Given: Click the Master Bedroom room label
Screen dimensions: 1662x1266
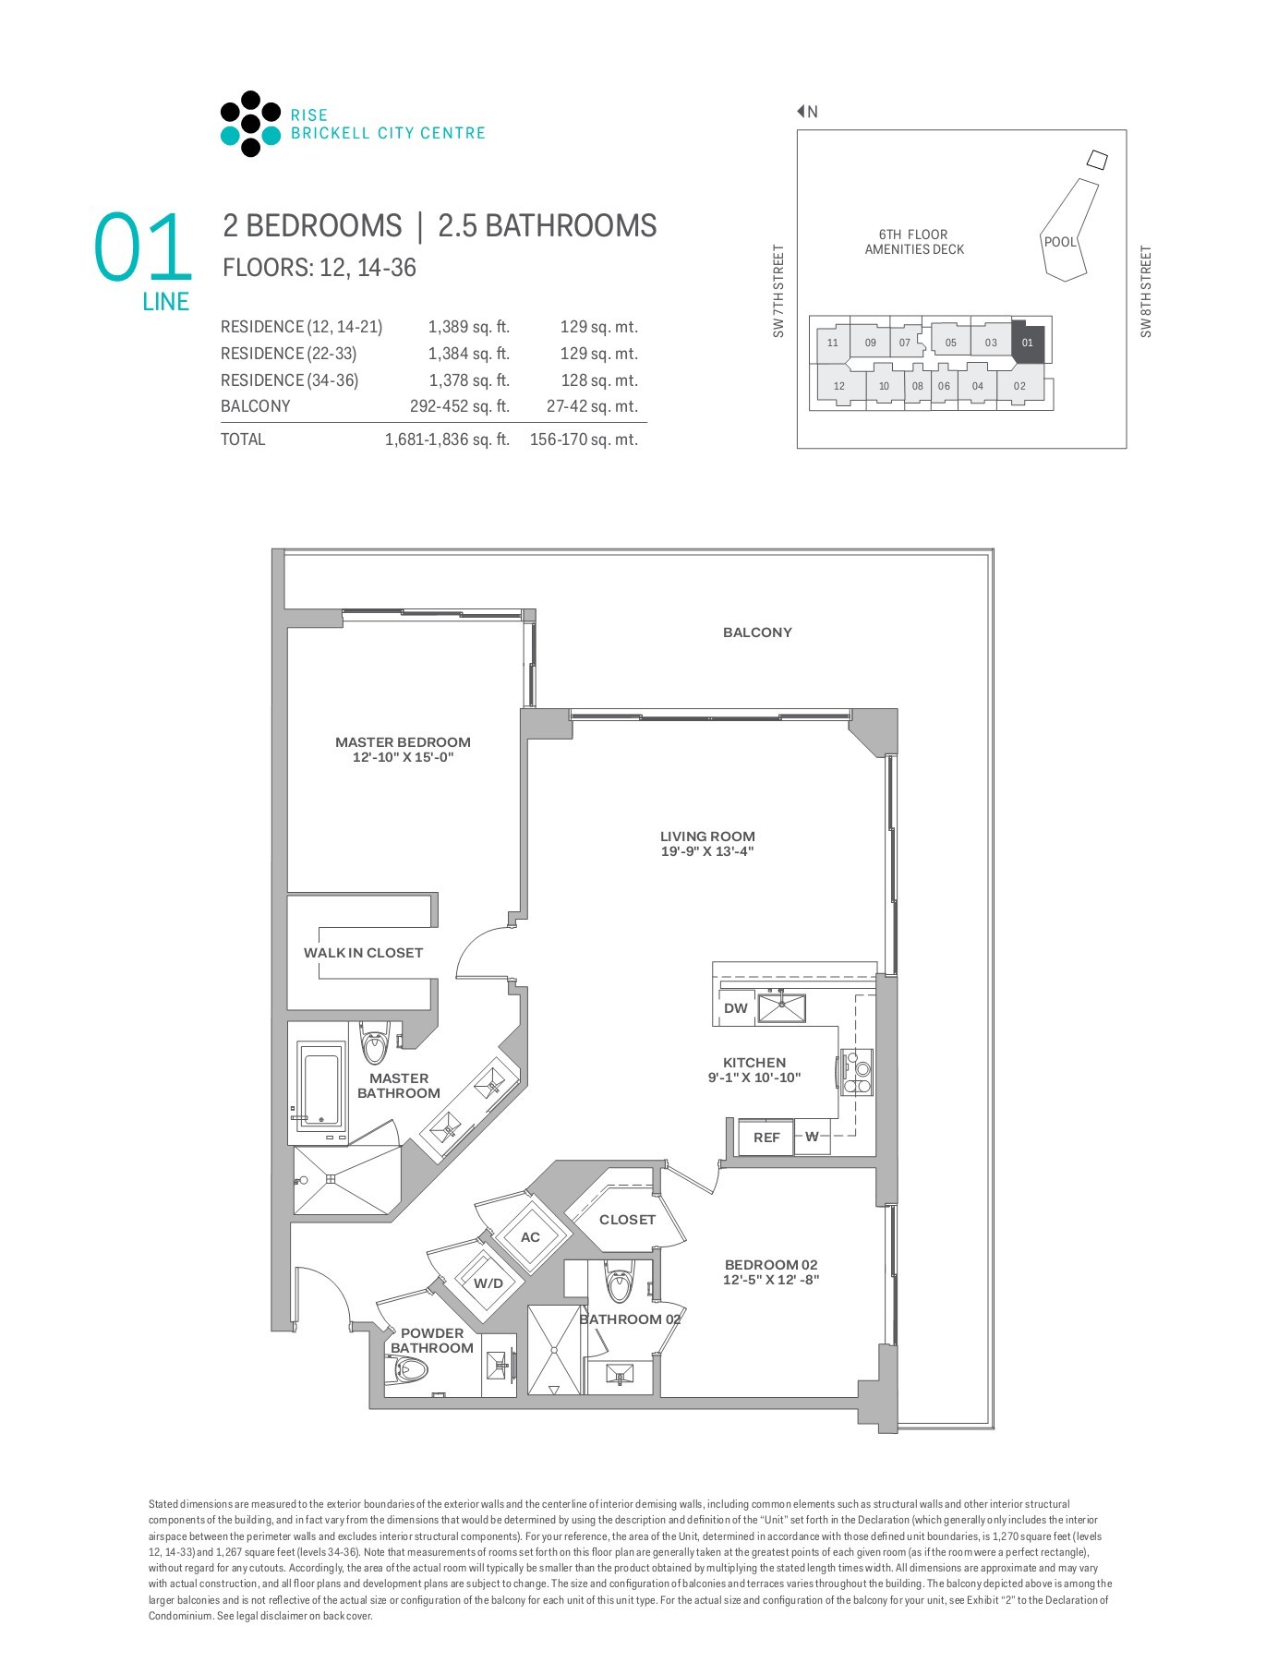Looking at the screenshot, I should (x=403, y=742).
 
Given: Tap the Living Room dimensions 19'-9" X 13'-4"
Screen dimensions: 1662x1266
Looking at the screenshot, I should (x=707, y=851).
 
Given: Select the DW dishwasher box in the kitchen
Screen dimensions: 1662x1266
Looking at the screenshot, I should (x=735, y=1008).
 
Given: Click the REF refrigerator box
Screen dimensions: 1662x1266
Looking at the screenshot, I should (x=766, y=1138).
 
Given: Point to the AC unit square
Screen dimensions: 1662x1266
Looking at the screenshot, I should (x=530, y=1237).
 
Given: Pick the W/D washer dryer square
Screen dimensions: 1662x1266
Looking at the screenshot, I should (x=488, y=1283).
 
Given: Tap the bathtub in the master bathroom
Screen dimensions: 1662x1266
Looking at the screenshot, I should (x=320, y=1078).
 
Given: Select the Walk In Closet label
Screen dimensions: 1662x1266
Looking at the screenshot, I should (x=363, y=953).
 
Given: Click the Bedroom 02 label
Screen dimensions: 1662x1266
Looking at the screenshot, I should (x=771, y=1265).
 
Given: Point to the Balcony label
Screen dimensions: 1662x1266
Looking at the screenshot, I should (x=757, y=632).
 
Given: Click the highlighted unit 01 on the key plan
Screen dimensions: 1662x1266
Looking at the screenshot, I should (x=1028, y=343).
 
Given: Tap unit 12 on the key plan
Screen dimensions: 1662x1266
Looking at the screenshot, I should (x=838, y=386).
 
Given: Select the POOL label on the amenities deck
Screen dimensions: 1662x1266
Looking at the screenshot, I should (x=1060, y=242).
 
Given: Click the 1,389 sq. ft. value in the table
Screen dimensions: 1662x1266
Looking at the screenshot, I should (x=468, y=327).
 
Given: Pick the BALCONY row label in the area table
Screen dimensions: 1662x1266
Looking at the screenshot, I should (x=256, y=406).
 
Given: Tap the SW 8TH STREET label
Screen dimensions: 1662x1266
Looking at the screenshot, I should (x=1146, y=291).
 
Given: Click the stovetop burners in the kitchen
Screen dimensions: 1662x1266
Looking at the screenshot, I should (x=858, y=1072).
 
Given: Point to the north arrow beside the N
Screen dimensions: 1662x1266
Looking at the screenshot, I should (x=802, y=112).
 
